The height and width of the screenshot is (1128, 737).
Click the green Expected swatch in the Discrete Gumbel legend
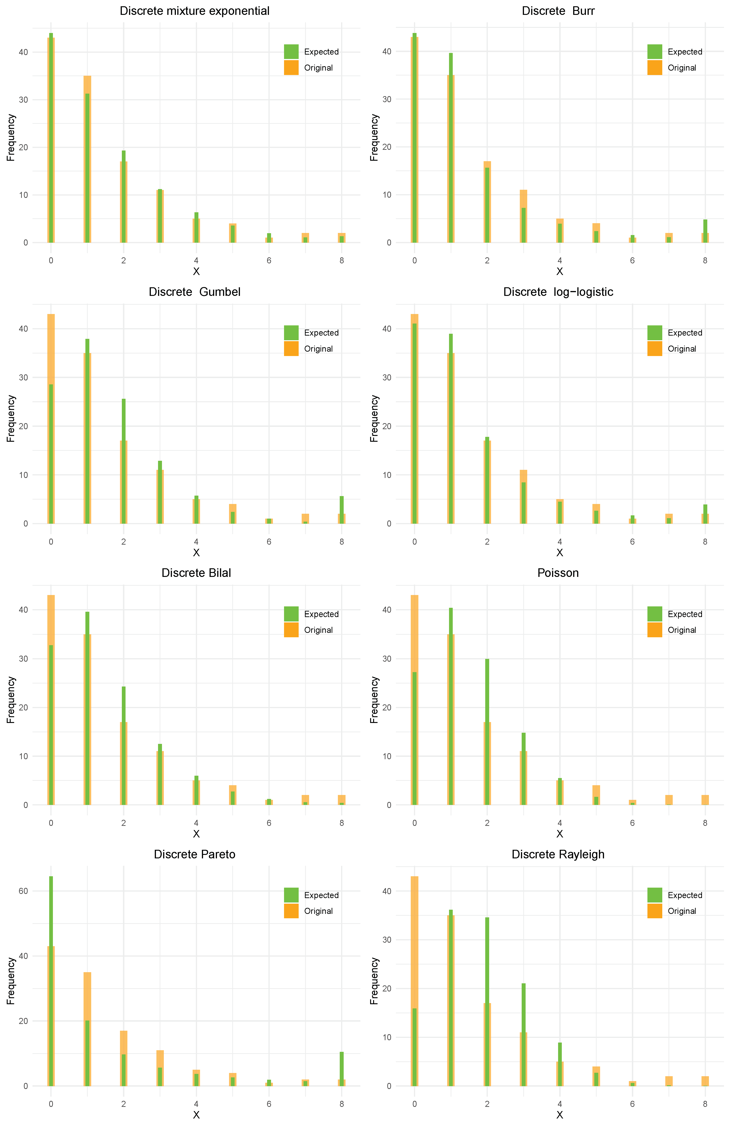point(291,333)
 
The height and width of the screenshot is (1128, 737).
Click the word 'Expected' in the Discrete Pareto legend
point(321,895)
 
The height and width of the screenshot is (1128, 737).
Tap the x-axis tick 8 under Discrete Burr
point(705,261)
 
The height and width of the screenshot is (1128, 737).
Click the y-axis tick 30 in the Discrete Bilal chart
point(23,659)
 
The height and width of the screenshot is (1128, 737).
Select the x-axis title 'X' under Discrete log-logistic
point(559,553)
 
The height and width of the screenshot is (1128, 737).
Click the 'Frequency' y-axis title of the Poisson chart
point(374,700)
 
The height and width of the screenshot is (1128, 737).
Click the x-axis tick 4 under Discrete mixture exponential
point(196,261)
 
